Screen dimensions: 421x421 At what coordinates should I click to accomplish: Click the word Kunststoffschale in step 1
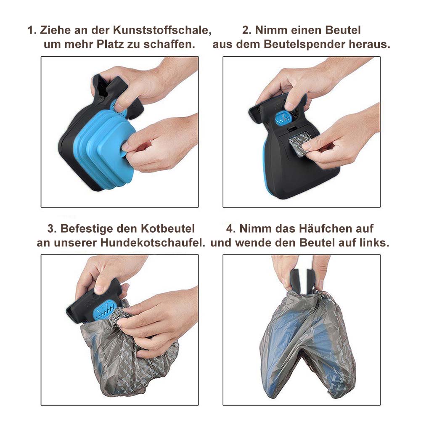click(162, 30)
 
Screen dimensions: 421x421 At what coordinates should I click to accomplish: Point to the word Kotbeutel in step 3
click(167, 228)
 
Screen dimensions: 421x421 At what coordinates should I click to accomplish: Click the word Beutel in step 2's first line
click(343, 30)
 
